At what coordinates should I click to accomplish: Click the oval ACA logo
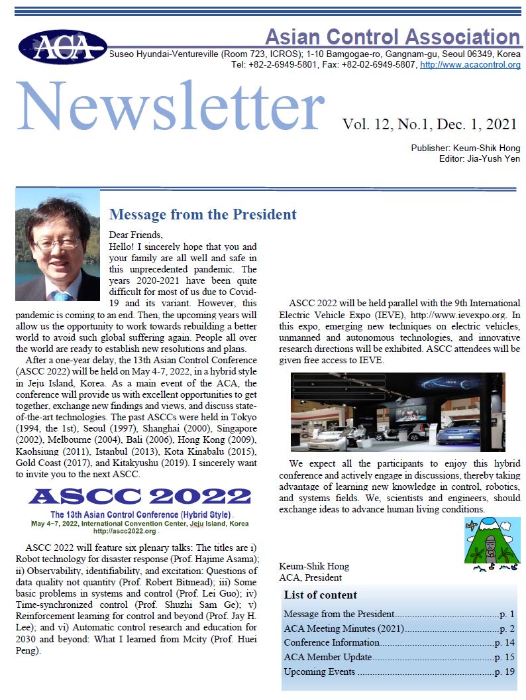(62, 46)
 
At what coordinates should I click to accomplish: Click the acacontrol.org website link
(470, 64)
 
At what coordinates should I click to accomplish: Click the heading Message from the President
(203, 214)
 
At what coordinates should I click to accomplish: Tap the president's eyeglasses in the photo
(58, 243)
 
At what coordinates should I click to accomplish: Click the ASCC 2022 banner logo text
(140, 496)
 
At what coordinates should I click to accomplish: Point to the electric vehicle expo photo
(397, 412)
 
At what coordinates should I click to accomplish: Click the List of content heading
(320, 595)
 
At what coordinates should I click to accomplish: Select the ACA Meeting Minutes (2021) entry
(344, 628)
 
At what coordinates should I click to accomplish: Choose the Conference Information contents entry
(331, 642)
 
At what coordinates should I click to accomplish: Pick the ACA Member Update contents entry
(327, 657)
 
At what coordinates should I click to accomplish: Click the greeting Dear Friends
(135, 234)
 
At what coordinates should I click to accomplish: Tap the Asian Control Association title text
(392, 36)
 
